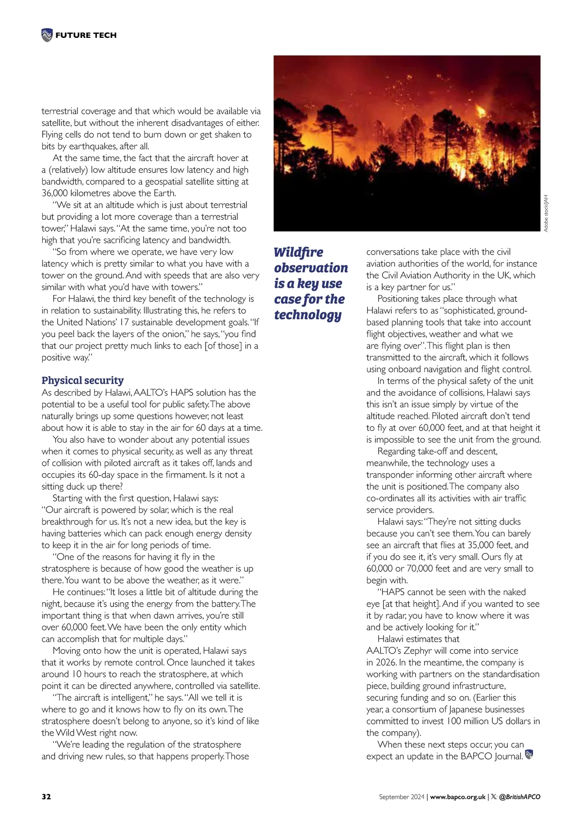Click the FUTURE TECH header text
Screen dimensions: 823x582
click(86, 35)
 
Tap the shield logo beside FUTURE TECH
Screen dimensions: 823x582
click(47, 35)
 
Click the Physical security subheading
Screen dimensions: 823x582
click(82, 380)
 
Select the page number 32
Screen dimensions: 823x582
click(46, 796)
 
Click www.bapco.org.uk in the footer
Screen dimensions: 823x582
click(457, 796)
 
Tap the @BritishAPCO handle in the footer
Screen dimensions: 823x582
click(519, 796)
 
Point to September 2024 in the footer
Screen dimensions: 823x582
click(402, 796)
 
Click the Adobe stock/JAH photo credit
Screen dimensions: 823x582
click(546, 213)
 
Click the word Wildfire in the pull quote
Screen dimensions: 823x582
click(298, 252)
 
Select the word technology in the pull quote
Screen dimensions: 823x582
click(307, 315)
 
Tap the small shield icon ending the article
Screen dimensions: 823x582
click(529, 755)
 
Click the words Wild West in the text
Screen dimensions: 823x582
click(76, 733)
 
